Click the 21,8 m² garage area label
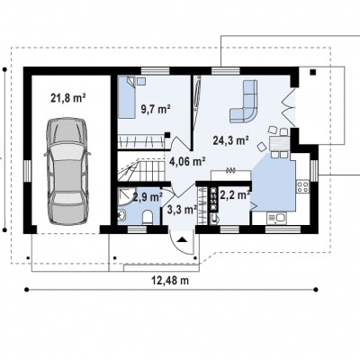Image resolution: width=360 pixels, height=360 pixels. coord(68,98)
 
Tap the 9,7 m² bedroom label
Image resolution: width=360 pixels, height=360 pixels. coord(156,109)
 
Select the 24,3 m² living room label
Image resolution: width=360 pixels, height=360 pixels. coord(230,140)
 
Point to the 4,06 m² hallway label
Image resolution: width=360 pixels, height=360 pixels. coord(187,162)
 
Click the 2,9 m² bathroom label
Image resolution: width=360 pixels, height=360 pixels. coord(148,197)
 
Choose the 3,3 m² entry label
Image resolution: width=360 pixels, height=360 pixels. coord(182,210)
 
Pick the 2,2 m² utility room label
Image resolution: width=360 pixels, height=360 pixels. coord(235,195)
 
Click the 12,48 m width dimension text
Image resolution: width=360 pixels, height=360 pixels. coord(170,281)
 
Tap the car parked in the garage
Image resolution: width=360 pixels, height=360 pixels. coord(67,171)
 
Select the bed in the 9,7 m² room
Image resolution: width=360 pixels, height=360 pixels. coord(126,97)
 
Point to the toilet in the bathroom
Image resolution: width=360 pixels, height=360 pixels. coord(148,217)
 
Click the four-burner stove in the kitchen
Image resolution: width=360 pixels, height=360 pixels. coord(302,186)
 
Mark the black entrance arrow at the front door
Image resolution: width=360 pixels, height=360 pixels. coord(183,239)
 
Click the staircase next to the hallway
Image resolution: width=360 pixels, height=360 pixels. coord(141,170)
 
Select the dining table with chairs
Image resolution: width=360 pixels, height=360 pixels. coord(279,143)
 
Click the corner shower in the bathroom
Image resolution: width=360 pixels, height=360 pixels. coord(125,197)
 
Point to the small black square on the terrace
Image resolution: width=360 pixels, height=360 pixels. coord(313,72)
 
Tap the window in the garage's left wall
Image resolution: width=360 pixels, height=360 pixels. coord(27,171)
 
